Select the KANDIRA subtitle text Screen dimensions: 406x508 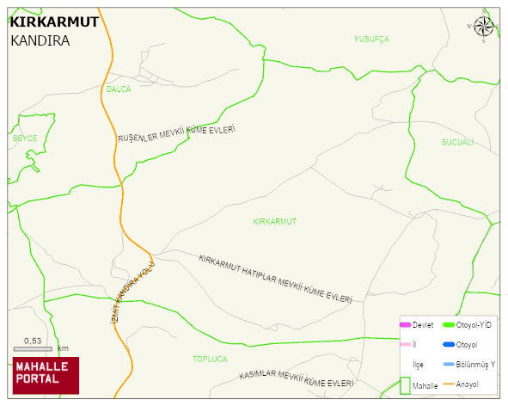(40, 40)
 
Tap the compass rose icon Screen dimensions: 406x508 (483, 28)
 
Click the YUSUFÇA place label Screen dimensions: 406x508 (371, 40)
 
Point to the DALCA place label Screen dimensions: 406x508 (119, 89)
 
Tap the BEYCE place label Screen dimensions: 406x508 (25, 138)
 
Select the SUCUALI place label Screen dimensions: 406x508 (457, 142)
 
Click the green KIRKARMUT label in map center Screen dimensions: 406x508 (274, 221)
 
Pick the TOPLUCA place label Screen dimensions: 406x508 (210, 359)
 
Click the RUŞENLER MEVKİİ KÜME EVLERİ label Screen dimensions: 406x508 (176, 134)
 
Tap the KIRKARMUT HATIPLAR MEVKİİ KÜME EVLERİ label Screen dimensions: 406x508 (275, 279)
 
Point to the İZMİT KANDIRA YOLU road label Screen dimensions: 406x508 (132, 292)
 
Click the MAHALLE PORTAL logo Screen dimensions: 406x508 (46, 375)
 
